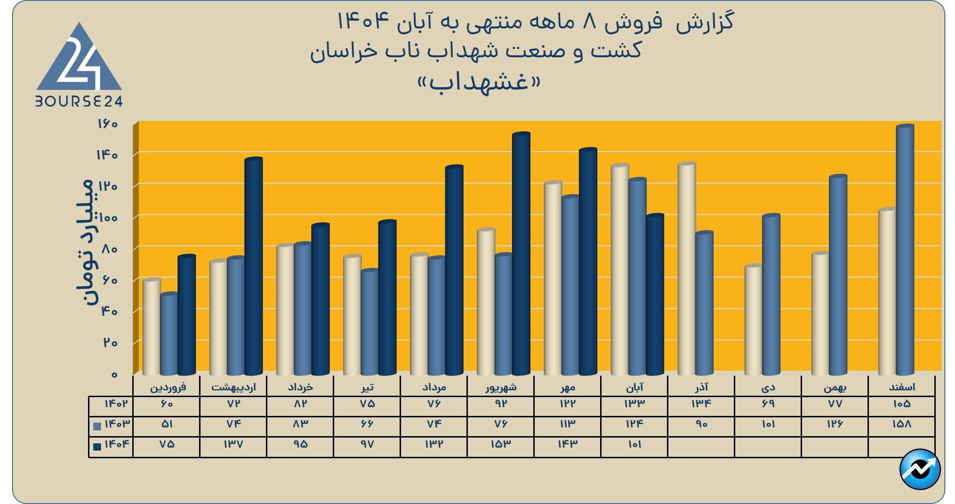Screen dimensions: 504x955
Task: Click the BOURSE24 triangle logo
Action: click(x=79, y=60)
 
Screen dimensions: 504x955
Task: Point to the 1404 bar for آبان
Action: click(x=654, y=294)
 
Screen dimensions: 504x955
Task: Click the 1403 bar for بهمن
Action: click(x=838, y=274)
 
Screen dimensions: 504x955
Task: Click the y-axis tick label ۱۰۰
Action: click(x=107, y=218)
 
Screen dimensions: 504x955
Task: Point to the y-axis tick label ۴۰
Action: click(x=109, y=311)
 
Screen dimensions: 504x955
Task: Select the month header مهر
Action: click(x=567, y=387)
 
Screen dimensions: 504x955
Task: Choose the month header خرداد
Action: click(x=300, y=387)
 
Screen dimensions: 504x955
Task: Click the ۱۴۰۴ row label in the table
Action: click(x=116, y=444)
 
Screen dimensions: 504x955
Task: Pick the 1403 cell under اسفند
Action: click(x=901, y=424)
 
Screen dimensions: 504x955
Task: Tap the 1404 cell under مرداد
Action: click(x=433, y=444)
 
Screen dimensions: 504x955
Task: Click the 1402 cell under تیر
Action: click(x=367, y=404)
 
